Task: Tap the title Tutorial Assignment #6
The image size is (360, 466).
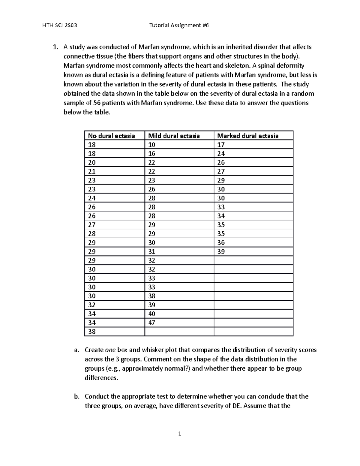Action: pyautogui.click(x=179, y=26)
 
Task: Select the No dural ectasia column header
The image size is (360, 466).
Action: pyautogui.click(x=111, y=136)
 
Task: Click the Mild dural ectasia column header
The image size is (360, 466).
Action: pyautogui.click(x=174, y=136)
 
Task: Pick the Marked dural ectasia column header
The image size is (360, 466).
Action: pyautogui.click(x=248, y=136)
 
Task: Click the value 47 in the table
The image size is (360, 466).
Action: pyautogui.click(x=152, y=323)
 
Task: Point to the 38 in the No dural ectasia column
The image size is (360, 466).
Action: pyautogui.click(x=92, y=332)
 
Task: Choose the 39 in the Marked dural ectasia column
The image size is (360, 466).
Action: pyautogui.click(x=221, y=251)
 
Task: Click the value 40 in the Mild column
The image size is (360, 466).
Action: pyautogui.click(x=152, y=314)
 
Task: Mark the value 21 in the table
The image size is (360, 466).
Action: pyautogui.click(x=92, y=171)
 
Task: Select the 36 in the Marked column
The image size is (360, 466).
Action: pyautogui.click(x=221, y=243)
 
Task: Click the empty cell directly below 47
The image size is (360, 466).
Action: pyautogui.click(x=179, y=332)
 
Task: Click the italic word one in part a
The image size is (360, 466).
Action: pyautogui.click(x=110, y=350)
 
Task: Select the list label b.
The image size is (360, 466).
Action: pyautogui.click(x=77, y=397)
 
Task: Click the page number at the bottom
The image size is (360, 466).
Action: pyautogui.click(x=180, y=434)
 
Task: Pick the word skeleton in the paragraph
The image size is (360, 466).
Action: pyautogui.click(x=235, y=66)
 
